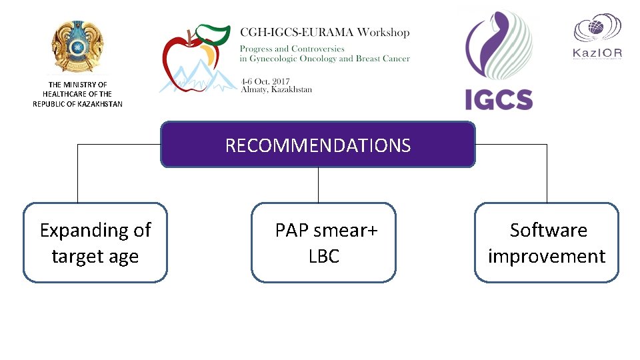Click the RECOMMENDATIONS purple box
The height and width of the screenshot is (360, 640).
click(318, 145)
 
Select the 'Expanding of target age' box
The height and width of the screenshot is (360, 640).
click(95, 243)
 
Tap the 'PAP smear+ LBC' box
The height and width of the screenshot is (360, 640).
click(324, 243)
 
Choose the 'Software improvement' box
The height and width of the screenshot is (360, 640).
click(547, 243)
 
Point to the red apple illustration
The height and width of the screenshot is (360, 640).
click(187, 63)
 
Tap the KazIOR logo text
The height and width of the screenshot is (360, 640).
click(598, 51)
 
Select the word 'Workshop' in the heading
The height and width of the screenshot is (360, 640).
click(383, 32)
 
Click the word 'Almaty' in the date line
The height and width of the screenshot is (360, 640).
click(255, 89)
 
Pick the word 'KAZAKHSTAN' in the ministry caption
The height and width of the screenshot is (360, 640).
click(100, 104)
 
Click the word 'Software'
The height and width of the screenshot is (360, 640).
click(548, 230)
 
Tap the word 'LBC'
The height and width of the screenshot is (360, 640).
click(324, 257)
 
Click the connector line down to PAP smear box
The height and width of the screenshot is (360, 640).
click(318, 185)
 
